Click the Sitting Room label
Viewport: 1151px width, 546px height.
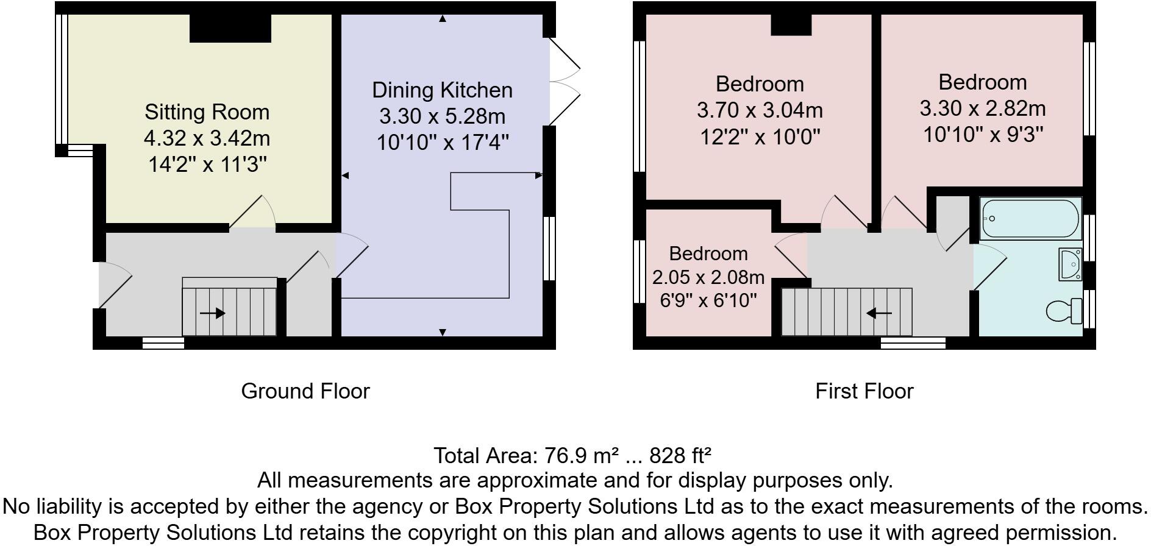207,112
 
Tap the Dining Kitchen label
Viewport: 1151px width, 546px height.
442,90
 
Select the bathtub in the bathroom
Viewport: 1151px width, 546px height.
1030,219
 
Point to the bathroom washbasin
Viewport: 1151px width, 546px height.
1071,265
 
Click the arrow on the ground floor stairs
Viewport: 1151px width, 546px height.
212,313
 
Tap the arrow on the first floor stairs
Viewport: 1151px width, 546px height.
879,313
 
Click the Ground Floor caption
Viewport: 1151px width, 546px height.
305,391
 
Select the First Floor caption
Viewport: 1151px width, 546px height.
864,391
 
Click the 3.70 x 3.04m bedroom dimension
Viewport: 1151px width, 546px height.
760,110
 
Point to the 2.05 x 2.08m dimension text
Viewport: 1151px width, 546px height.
708,277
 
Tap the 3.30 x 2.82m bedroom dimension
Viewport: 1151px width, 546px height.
983,108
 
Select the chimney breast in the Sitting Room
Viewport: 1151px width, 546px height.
230,28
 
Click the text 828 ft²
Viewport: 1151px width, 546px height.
681,455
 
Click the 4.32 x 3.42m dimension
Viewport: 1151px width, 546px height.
207,138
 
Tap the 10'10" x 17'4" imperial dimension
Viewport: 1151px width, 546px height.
443,143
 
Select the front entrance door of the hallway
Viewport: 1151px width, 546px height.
114,285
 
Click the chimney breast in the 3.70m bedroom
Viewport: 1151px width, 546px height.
791,24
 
